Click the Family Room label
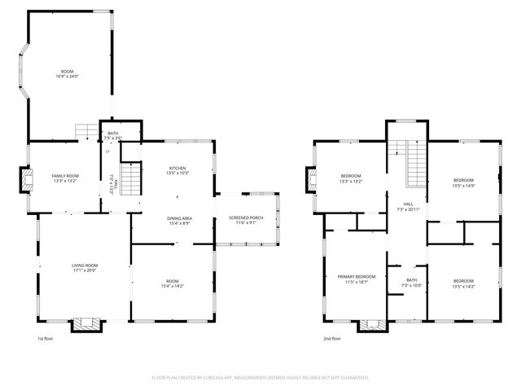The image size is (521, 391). (65, 176)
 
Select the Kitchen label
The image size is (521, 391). (177, 169)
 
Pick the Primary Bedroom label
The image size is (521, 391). (357, 277)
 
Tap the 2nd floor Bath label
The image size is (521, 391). (413, 280)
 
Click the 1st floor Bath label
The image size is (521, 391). (113, 134)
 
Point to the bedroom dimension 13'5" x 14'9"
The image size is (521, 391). (463, 185)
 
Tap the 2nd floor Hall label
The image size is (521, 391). (408, 204)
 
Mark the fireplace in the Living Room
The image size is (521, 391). (87, 324)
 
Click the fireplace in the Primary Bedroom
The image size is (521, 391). (374, 325)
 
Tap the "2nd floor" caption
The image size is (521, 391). (331, 338)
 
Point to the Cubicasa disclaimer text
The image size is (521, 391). (260, 377)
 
